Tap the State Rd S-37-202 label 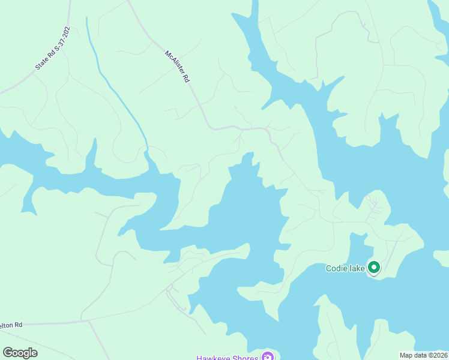[x=53, y=48]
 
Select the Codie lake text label [x=345, y=268]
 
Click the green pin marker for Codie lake [x=374, y=268]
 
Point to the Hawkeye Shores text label [x=228, y=358]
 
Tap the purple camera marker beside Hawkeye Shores [x=267, y=358]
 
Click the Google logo [x=20, y=353]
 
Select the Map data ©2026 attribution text [x=423, y=355]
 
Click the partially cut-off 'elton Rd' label [x=11, y=325]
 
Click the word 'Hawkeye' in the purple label [x=213, y=358]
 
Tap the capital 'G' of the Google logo [x=8, y=353]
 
